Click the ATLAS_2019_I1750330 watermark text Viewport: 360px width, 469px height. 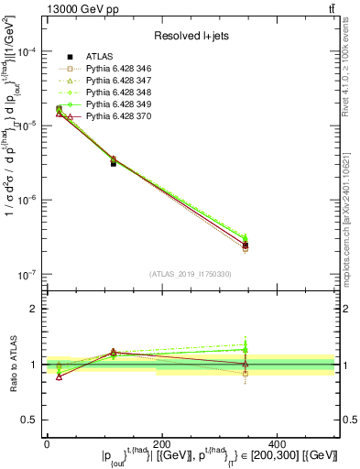click(x=191, y=274)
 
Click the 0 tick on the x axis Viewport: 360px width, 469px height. click(x=47, y=443)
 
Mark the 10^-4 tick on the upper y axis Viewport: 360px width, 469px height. click(x=27, y=51)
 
